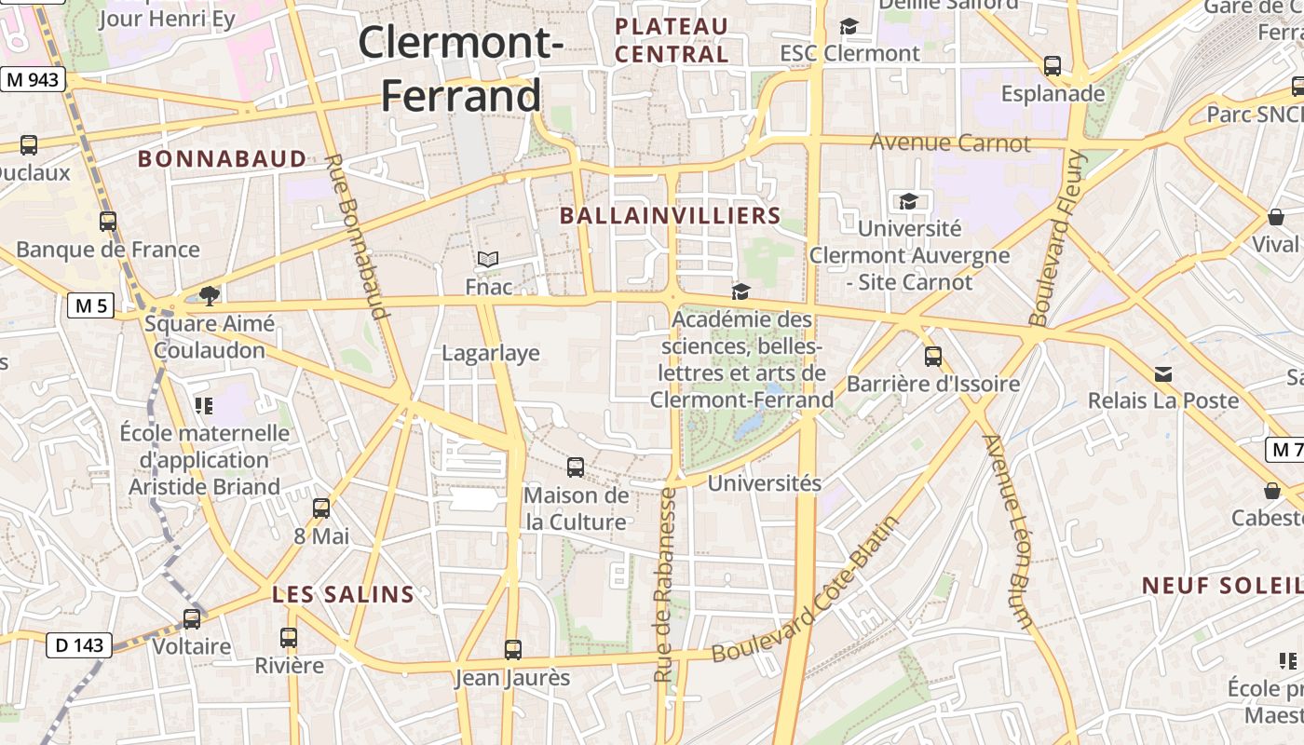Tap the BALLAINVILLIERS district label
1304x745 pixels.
[x=670, y=216]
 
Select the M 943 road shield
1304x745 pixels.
[x=33, y=80]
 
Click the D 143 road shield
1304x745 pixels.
[x=78, y=644]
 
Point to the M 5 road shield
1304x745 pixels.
[x=90, y=305]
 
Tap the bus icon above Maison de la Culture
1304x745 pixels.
[x=576, y=467]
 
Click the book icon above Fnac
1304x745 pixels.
[x=488, y=259]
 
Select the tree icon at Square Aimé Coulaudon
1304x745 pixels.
[x=210, y=296]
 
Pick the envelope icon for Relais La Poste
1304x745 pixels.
[x=1163, y=374]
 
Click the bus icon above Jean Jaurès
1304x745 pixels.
[x=512, y=650]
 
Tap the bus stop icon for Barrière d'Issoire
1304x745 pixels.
[x=932, y=357]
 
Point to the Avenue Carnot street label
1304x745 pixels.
[x=950, y=143]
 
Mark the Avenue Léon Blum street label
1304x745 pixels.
[x=1009, y=532]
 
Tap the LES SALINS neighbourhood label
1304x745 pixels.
[x=343, y=594]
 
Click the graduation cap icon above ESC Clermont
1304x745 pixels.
[x=849, y=27]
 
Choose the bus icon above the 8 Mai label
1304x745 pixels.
[x=321, y=508]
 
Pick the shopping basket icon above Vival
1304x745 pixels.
[x=1275, y=218]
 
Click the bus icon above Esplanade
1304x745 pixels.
[x=1053, y=66]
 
